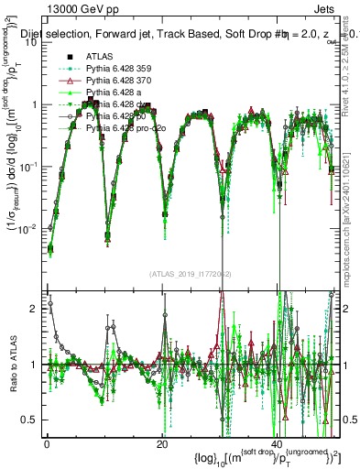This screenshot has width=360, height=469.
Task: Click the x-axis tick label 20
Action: click(162, 444)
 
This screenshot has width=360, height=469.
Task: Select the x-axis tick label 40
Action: click(277, 444)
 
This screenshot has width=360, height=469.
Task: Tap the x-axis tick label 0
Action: click(48, 444)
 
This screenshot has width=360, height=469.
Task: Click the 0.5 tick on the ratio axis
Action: click(31, 420)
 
